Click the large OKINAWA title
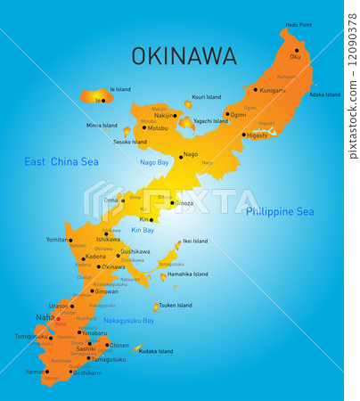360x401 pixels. coord(184,56)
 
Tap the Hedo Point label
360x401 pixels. coord(299,25)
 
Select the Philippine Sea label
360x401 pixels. coord(280,211)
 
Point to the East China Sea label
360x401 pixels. coord(61,161)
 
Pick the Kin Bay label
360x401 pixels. coord(143,230)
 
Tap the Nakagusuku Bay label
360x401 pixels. coord(128,320)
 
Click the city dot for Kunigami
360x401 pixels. coord(256,89)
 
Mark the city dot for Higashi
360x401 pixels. coord(243,135)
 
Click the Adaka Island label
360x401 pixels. coord(324,94)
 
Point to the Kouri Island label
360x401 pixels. coord(206,97)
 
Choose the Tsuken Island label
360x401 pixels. coord(175,305)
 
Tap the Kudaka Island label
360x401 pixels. coord(157,351)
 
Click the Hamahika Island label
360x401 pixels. coord(187,274)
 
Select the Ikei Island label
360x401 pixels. coord(194,241)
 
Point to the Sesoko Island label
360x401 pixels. coord(130,142)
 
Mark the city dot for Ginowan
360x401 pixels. coord(92,291)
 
